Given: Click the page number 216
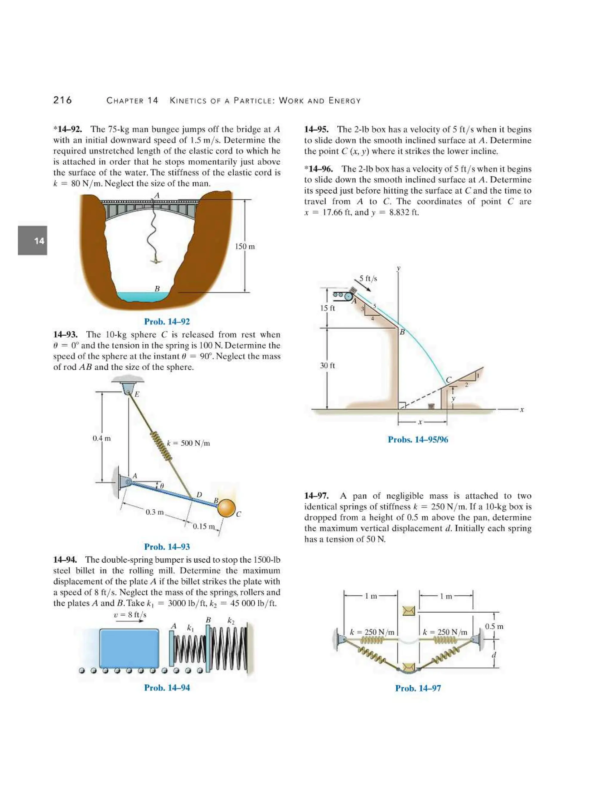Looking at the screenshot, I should click(62, 100).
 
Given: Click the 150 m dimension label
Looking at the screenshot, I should click(245, 247).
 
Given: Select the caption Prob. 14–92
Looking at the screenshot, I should click(167, 322).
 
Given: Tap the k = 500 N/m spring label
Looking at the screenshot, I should click(188, 443).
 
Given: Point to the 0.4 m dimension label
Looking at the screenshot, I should click(102, 438).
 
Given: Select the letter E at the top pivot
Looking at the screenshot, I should click(137, 394).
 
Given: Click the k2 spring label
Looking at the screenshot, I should click(231, 620).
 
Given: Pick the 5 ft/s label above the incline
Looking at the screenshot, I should click(368, 279).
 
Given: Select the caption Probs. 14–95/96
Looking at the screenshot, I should click(418, 440).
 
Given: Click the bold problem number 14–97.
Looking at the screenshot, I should click(316, 496).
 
